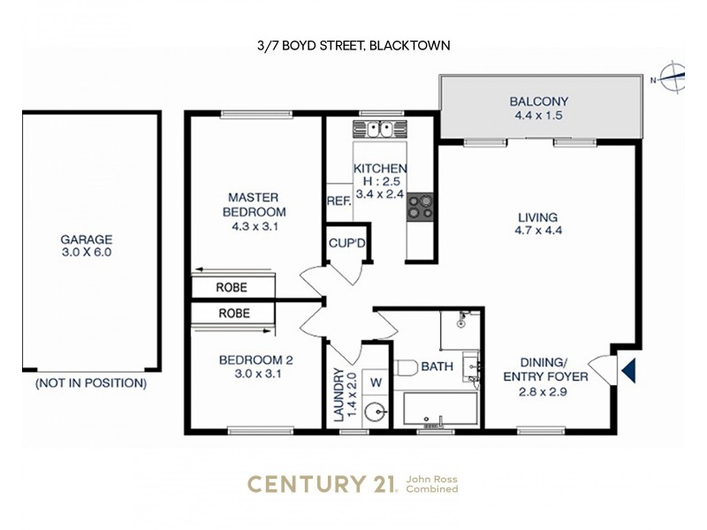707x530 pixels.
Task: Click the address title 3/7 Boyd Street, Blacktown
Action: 353,45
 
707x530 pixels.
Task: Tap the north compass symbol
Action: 673,78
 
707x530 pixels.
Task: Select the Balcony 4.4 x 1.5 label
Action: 538,108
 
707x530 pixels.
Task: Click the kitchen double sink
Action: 381,130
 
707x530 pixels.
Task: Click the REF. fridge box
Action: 338,201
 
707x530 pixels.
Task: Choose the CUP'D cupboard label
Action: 347,242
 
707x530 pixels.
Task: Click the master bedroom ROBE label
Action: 233,288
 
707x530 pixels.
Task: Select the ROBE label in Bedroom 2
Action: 233,314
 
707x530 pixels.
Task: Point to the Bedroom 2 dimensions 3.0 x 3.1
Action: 256,374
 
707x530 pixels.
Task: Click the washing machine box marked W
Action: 374,382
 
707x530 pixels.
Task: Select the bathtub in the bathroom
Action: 440,411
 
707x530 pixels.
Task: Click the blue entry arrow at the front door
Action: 628,369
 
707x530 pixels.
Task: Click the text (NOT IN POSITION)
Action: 91,384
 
